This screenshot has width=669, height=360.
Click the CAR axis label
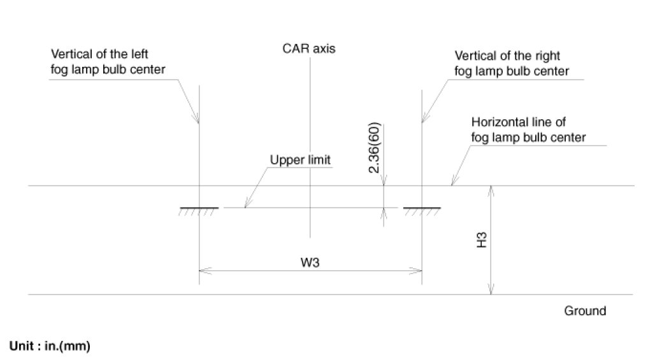[310, 48]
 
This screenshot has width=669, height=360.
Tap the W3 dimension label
[311, 261]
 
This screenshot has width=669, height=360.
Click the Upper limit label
[300, 160]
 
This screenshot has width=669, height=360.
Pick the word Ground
[585, 312]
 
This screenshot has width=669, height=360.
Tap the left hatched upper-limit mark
[199, 210]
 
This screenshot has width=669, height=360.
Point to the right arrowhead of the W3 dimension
[418, 270]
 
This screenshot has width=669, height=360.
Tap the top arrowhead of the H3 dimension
[491, 190]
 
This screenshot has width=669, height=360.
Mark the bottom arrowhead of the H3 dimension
[491, 291]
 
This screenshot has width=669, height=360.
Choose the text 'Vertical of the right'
[507, 55]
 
